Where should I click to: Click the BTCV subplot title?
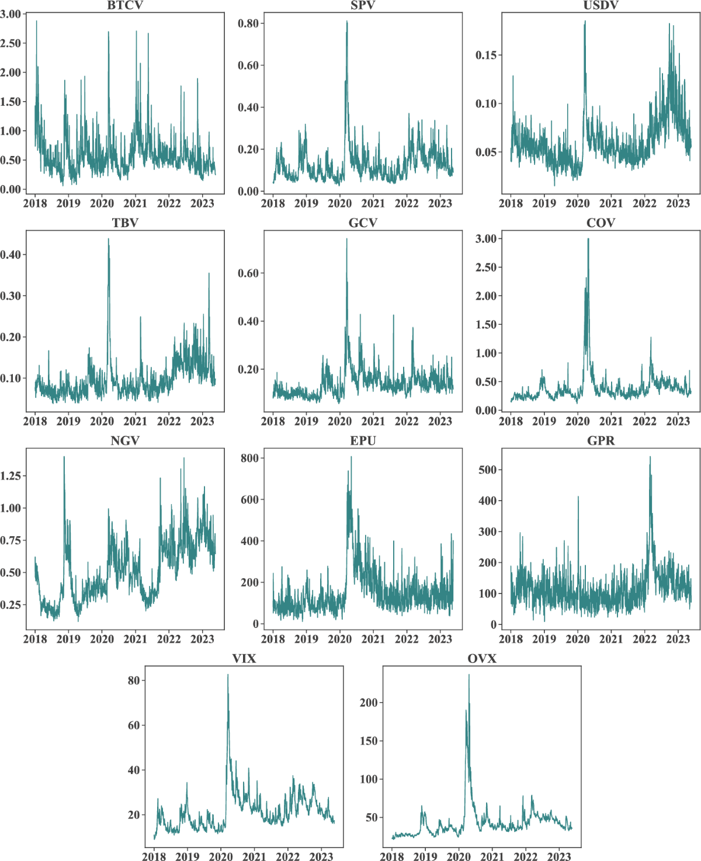click(125, 5)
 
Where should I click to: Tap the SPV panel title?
click(363, 5)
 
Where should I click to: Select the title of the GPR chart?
click(601, 440)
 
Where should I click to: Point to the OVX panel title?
click(482, 658)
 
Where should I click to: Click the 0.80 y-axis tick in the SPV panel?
click(248, 23)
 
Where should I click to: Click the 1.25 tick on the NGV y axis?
click(11, 475)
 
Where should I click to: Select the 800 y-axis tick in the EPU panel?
click(249, 458)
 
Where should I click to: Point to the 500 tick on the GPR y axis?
click(487, 470)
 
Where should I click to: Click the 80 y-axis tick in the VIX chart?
click(134, 681)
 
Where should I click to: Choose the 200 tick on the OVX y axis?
click(369, 703)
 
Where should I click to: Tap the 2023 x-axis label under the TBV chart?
click(202, 421)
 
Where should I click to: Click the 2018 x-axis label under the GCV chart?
click(273, 421)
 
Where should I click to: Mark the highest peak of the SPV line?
click(347, 21)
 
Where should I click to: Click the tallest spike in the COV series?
click(588, 238)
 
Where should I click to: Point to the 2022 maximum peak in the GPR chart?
click(650, 457)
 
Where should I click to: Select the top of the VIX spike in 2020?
click(228, 675)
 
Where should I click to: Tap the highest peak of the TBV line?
click(108, 238)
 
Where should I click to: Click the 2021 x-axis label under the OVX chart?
click(492, 856)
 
